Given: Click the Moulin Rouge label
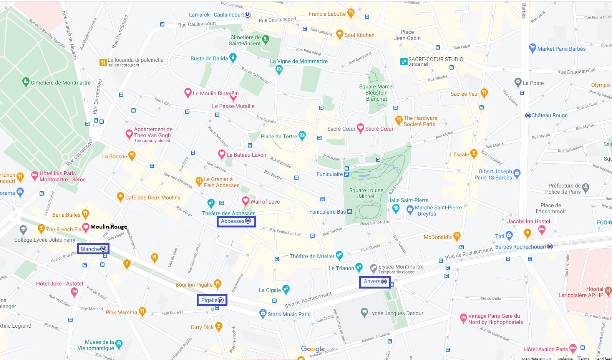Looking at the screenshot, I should coord(108,227).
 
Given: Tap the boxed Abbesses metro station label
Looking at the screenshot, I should coord(236,221).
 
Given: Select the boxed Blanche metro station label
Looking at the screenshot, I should coord(93,249).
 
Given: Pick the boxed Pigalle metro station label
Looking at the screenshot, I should coord(212,300).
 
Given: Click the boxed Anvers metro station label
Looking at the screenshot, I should coord(375,282).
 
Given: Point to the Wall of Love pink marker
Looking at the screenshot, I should coord(246,201).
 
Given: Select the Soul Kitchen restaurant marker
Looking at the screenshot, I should coord(340,34).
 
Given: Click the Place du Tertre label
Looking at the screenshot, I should coord(279,136).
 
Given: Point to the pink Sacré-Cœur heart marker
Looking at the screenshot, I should coord(360,128).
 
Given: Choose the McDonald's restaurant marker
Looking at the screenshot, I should coord(457,236).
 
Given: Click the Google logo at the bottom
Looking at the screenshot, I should coord(313,349).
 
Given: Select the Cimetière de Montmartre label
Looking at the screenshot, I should coord(61,83).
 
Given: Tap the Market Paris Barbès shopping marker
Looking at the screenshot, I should coord(532,48).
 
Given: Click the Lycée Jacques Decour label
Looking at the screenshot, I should coord(396,313).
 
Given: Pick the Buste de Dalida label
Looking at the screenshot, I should coord(209,58).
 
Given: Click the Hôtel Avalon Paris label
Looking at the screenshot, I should coord(546,349).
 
